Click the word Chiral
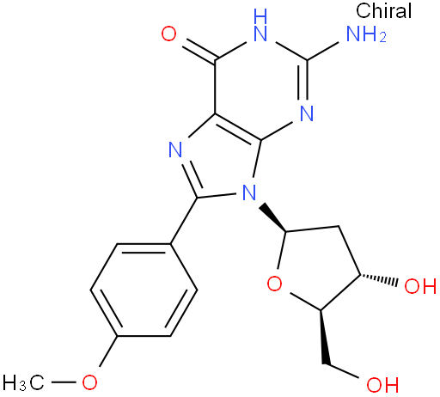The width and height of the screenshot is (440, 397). tap(383, 11)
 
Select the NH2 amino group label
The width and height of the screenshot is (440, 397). tap(366, 34)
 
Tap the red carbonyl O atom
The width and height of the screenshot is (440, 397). tap(168, 34)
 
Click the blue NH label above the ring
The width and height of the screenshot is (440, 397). tap(260, 25)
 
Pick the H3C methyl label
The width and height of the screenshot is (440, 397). tap(24, 382)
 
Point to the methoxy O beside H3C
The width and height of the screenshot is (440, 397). tap(89, 382)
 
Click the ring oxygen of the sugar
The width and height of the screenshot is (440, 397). tap(274, 284)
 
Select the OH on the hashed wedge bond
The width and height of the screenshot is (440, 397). tap(420, 285)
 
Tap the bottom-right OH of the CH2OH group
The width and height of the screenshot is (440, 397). tap(382, 384)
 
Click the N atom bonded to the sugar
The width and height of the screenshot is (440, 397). tap(249, 192)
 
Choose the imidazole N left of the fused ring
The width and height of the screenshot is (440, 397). tap(175, 150)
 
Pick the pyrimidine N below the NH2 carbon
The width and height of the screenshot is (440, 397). tap(307, 113)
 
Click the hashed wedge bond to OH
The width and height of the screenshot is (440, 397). tap(379, 280)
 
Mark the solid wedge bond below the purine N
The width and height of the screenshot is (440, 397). tap(272, 217)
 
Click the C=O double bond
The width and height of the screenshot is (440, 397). tap(200, 52)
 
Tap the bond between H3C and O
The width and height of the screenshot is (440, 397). tap(64, 382)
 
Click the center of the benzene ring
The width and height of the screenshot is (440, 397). tap(144, 290)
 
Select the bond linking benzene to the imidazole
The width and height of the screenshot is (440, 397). tap(184, 221)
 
